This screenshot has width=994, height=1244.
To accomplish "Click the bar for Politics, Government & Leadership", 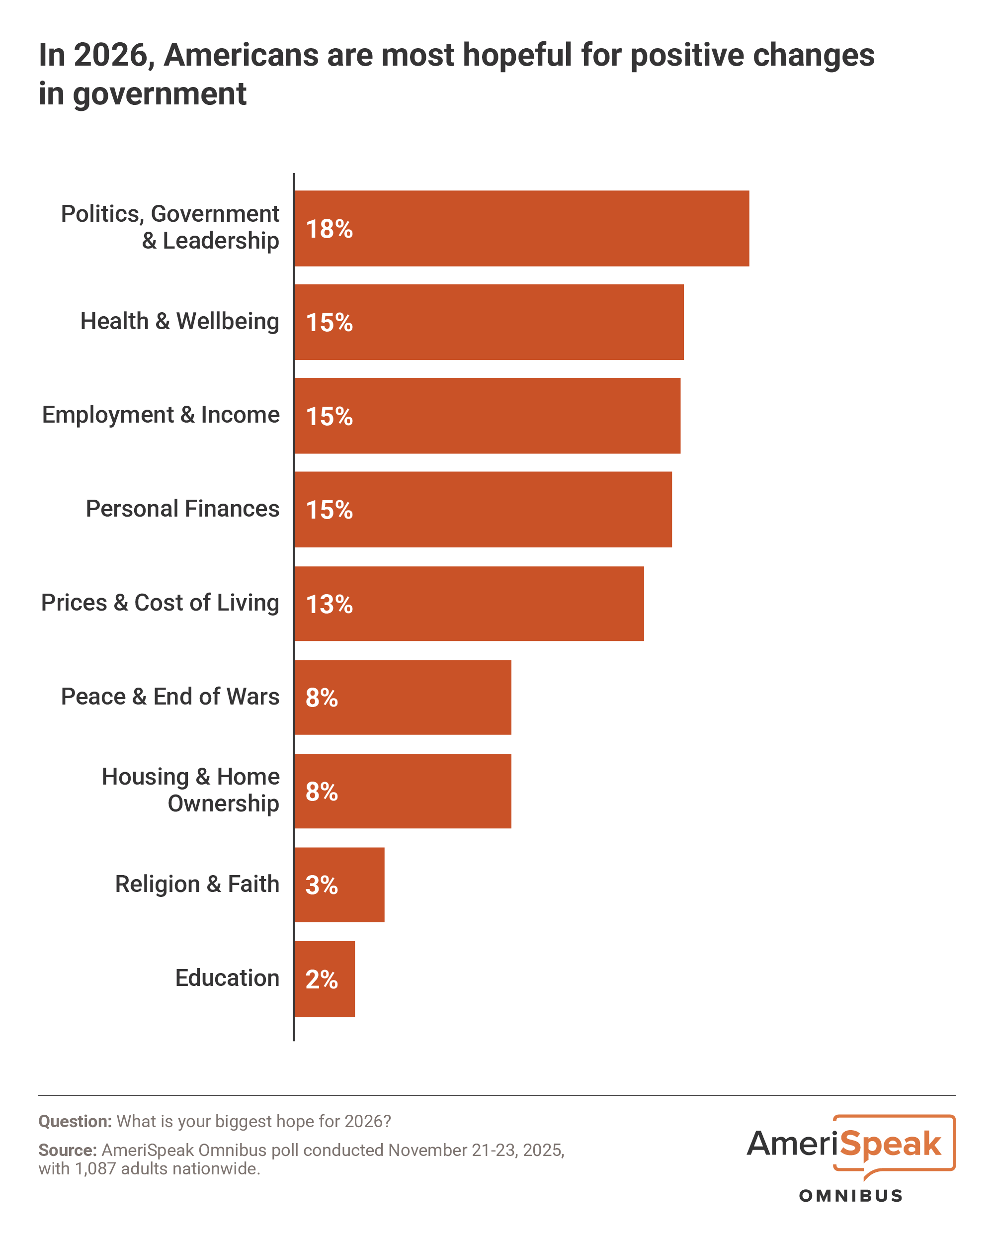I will [x=522, y=229].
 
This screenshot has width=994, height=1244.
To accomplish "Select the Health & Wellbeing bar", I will [x=489, y=322].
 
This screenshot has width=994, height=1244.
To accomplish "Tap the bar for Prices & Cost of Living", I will [x=469, y=604].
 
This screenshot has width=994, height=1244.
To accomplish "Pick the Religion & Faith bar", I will [x=339, y=885].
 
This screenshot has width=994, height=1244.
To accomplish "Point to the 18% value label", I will [x=329, y=229].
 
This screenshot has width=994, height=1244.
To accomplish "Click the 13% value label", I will [x=329, y=604].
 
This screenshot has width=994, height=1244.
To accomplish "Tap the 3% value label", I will [x=322, y=885].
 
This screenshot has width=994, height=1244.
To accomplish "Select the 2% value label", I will [x=322, y=979].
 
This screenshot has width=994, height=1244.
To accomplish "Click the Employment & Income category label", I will [x=161, y=415].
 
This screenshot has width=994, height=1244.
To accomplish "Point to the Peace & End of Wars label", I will [x=170, y=697].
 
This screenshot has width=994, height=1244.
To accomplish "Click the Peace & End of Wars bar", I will [x=403, y=697].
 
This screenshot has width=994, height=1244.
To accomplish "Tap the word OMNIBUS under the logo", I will [x=850, y=1196].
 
